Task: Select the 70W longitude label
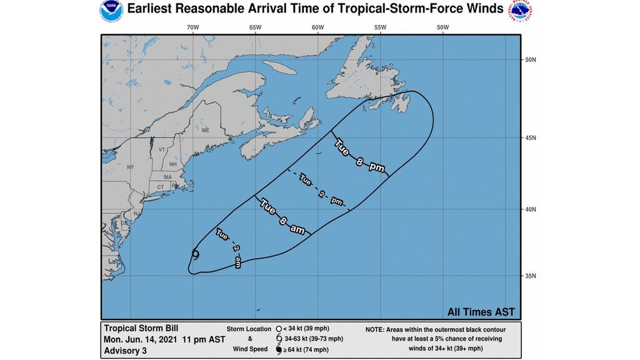pos(192,27)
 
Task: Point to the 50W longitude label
pos(442,27)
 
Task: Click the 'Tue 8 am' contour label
pos(283,217)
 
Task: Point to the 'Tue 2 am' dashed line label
pos(228,248)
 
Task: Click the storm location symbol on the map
pos(196,254)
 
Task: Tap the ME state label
pos(205,130)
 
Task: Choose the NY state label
pos(131,167)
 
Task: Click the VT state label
pos(162,150)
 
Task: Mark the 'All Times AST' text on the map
pos(481,311)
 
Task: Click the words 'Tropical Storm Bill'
pos(138,328)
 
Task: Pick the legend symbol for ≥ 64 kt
pos(277,349)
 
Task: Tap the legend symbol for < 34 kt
pos(277,328)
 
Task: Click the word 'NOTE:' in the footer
pos(378,328)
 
